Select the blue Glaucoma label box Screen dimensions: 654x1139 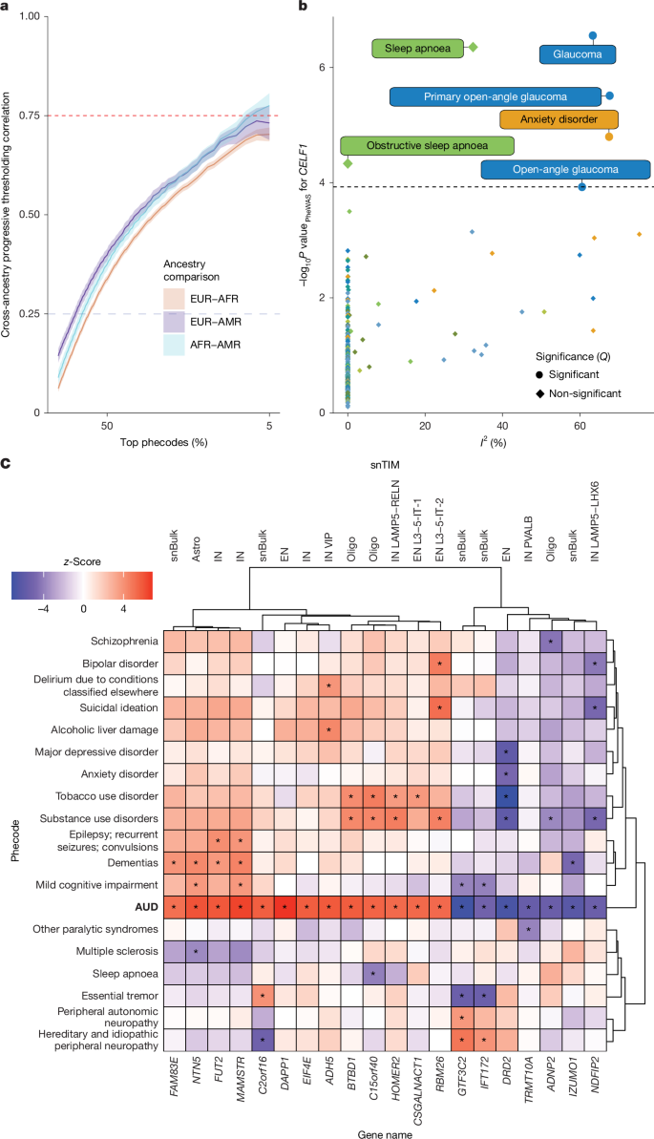coord(577,54)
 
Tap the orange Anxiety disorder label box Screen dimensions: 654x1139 coord(559,119)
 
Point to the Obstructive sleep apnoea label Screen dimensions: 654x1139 coord(428,145)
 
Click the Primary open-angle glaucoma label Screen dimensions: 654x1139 coord(496,96)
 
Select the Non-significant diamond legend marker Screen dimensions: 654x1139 coord(540,393)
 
